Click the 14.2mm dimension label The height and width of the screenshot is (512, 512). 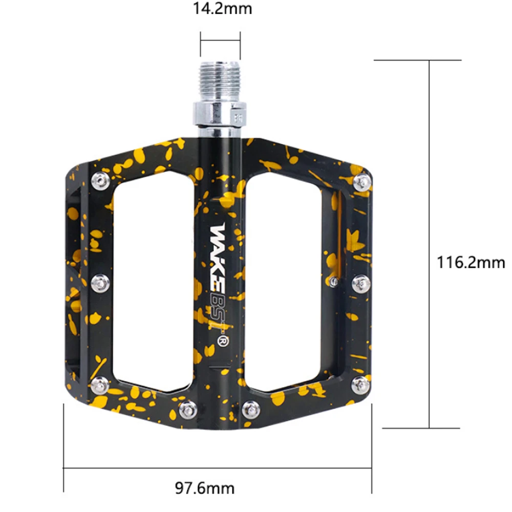[222, 9]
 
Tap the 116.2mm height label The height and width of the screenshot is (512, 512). [471, 263]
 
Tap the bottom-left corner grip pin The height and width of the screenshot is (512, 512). [100, 382]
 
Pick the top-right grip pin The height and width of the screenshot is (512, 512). [362, 181]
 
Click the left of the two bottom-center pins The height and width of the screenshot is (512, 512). [187, 408]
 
